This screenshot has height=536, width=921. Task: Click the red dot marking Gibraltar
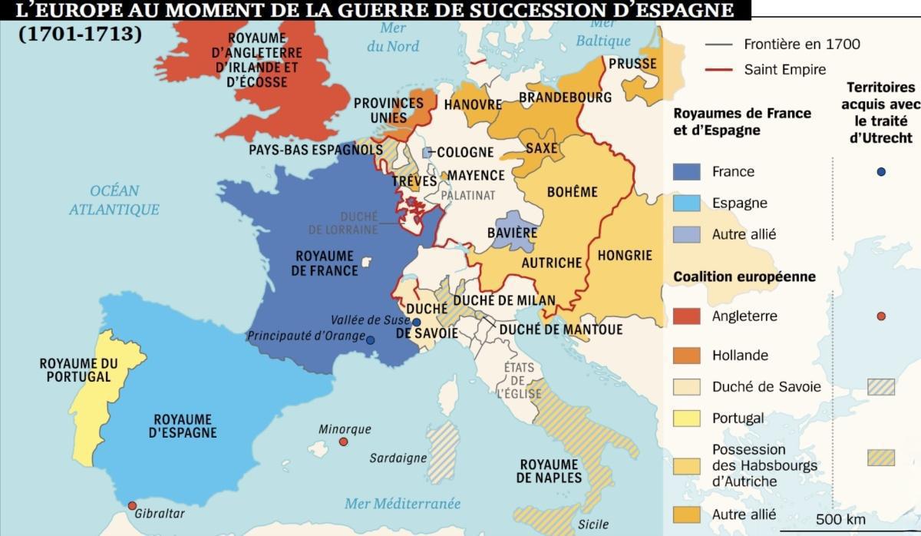132,506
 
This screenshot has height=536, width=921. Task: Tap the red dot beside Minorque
343,442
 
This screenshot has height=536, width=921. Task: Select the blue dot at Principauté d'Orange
371,339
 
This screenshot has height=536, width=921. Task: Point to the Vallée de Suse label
366,319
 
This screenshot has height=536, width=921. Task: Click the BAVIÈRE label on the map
512,233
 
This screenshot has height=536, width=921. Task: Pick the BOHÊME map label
572,192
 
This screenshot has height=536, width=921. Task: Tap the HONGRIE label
625,256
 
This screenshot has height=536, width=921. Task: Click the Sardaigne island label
398,458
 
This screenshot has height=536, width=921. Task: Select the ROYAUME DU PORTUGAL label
78,370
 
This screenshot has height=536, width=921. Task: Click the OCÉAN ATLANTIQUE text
114,200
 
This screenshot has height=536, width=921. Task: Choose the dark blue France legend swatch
686,172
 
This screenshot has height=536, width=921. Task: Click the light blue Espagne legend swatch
686,203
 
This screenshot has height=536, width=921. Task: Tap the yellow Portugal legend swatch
686,419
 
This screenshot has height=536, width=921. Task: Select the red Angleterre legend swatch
686,316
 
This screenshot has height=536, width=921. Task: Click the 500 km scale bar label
840,520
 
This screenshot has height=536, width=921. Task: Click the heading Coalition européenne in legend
744,277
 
